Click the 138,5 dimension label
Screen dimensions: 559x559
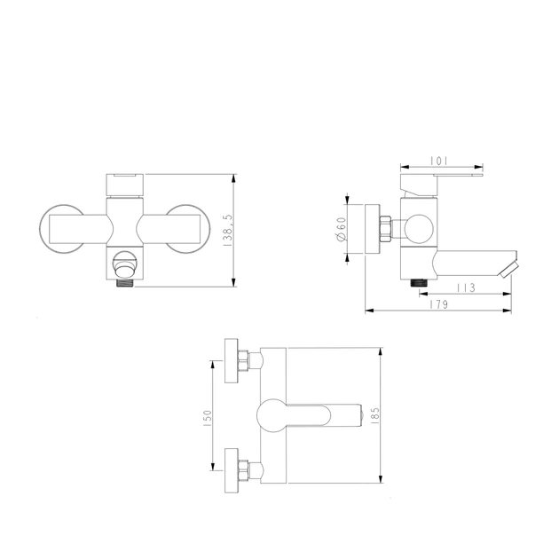pyautogui.click(x=228, y=231)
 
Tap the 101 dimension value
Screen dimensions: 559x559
pyautogui.click(x=438, y=161)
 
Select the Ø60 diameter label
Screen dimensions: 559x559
pyautogui.click(x=342, y=229)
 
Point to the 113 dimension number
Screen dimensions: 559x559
pyautogui.click(x=467, y=287)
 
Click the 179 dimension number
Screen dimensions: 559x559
pyautogui.click(x=438, y=304)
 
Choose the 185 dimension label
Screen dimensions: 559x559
pyautogui.click(x=375, y=415)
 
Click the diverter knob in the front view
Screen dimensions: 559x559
pyautogui.click(x=125, y=264)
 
